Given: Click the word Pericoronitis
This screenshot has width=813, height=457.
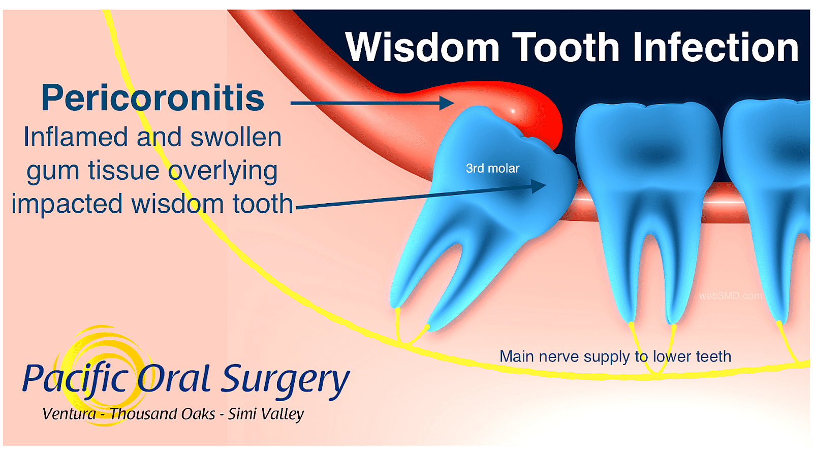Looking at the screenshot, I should point(152,98).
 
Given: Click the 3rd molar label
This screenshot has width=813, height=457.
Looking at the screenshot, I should point(492,169).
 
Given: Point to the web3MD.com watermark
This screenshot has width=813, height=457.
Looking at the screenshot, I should point(730,296).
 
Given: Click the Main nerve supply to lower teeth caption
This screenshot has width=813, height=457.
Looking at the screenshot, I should point(615,356).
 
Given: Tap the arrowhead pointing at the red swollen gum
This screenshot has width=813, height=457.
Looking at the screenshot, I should point(447,103).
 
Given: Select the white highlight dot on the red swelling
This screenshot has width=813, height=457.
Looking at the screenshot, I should point(513,111).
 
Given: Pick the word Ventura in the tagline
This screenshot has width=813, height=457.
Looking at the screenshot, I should point(69,414).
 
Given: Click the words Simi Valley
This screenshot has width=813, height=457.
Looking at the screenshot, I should point(266,414).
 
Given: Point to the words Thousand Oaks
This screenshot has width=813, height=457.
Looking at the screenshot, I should point(163,414).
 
